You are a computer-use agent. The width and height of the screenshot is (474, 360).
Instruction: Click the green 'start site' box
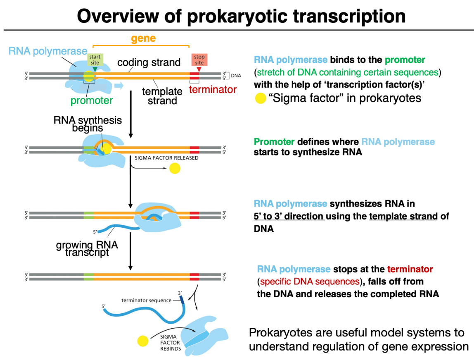point(95,60)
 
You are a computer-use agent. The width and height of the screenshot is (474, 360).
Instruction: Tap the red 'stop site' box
point(199,60)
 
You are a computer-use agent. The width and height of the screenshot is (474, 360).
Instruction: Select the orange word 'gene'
point(143,38)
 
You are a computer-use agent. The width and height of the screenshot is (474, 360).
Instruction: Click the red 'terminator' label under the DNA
point(213,90)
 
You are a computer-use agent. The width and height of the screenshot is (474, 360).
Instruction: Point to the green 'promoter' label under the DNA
point(92,100)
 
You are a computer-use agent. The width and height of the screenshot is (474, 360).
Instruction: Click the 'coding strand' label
point(149,62)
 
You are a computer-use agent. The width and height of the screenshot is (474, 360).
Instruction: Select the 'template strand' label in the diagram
point(162,96)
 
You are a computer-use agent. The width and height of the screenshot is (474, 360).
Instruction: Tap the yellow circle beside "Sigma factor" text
point(260,98)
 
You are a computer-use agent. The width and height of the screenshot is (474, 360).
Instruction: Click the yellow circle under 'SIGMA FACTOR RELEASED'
point(175,168)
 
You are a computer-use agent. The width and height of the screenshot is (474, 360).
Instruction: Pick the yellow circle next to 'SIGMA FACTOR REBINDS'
point(143,341)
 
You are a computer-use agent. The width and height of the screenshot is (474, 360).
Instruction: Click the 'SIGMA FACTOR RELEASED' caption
point(166,158)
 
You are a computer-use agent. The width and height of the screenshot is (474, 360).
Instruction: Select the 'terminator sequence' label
point(146,300)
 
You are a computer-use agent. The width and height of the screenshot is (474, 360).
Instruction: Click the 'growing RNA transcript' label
point(87,248)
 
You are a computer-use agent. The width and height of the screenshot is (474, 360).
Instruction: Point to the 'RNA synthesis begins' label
point(88,124)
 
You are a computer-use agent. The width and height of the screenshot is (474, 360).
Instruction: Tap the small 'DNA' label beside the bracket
point(236,76)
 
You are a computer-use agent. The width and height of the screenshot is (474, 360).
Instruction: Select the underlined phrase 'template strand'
point(403,216)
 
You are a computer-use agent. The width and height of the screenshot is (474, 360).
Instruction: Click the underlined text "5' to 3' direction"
point(289,216)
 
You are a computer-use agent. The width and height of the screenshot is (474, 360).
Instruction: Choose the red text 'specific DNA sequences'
point(310,281)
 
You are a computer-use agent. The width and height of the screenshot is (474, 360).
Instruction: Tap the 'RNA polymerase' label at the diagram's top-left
point(48,51)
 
